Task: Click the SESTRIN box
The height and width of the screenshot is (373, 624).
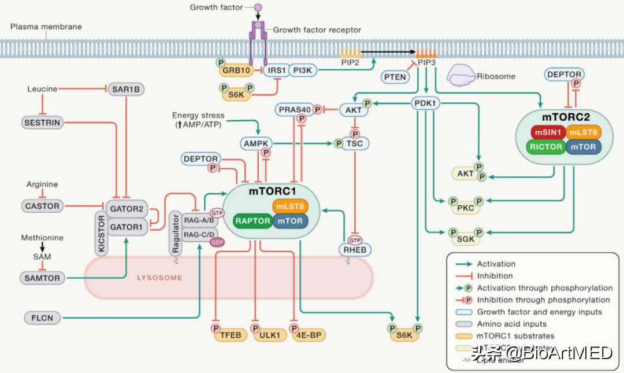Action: point(42,123)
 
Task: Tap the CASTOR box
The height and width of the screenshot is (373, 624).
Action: point(42,206)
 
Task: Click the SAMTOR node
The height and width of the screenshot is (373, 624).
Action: point(42,278)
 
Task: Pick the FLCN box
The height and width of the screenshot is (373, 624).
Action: point(42,317)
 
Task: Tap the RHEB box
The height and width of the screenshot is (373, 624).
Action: point(355,250)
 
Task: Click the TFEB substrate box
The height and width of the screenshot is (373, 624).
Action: point(226,334)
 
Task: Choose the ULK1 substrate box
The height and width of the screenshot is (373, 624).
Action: point(268,334)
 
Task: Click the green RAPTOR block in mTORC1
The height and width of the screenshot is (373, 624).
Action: point(252,220)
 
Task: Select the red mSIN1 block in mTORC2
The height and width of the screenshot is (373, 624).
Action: point(547,132)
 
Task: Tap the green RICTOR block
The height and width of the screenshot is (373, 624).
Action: point(547,147)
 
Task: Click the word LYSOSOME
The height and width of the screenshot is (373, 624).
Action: point(159,278)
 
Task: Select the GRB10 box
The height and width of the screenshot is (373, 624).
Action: point(236,71)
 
